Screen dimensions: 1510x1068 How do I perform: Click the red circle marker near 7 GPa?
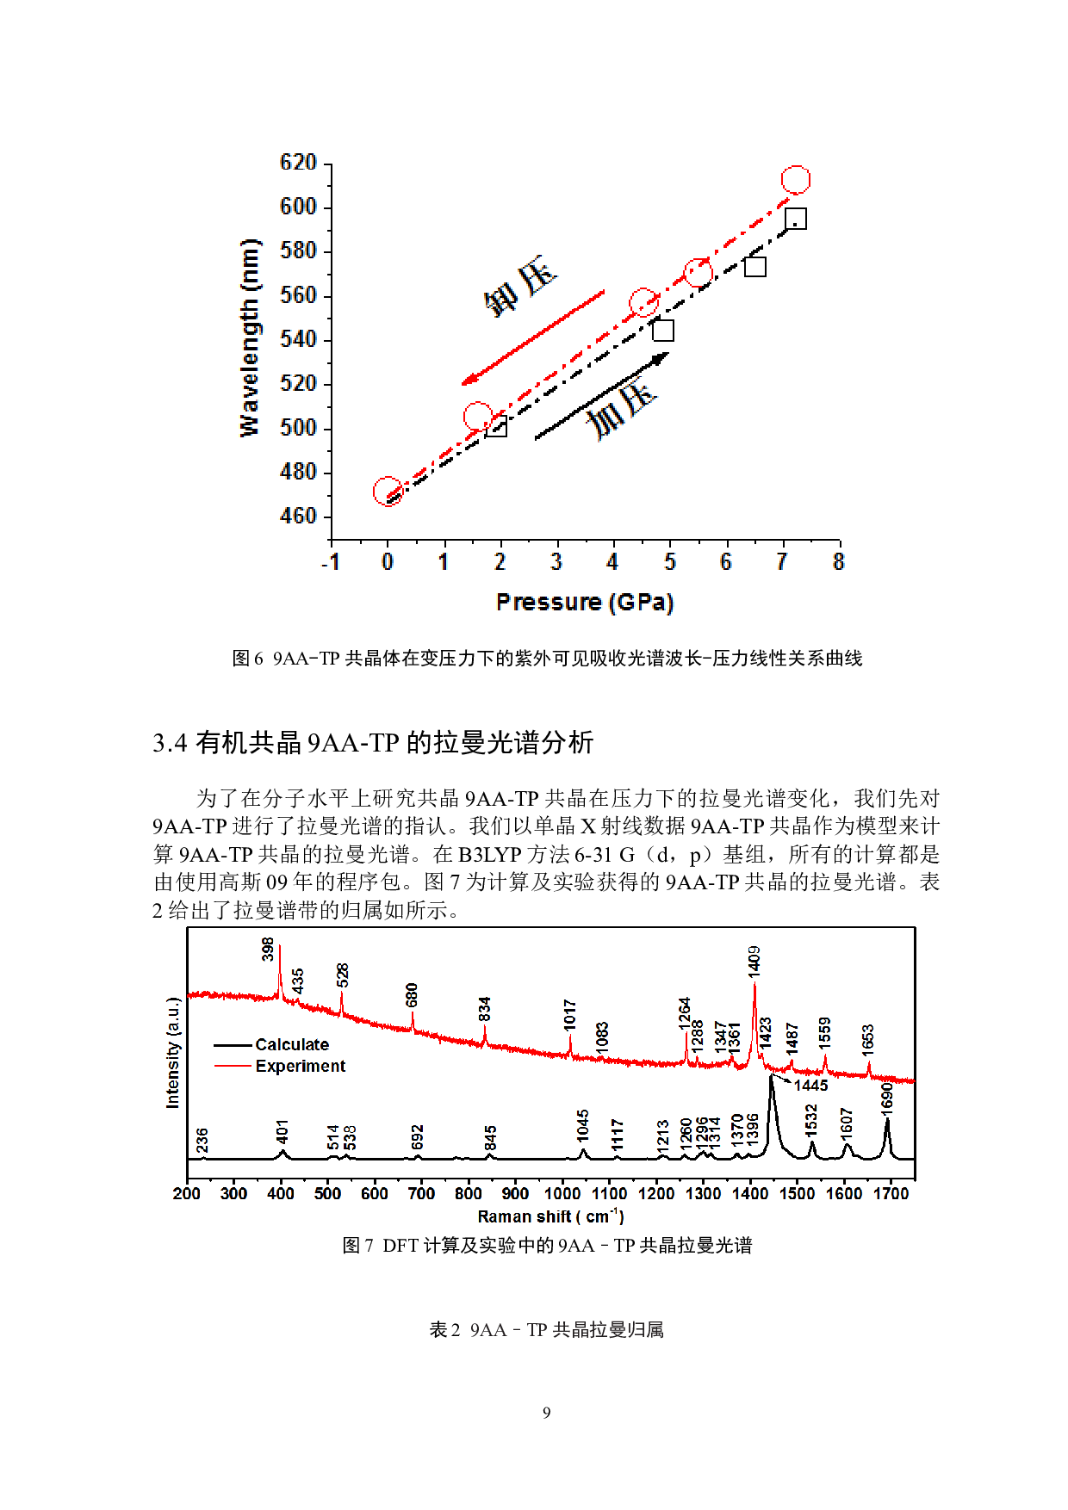pos(796,180)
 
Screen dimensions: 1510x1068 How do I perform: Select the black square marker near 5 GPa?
pos(662,331)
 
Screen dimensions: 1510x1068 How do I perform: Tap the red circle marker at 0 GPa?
pos(388,492)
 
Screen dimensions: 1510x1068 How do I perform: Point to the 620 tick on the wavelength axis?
pos(298,163)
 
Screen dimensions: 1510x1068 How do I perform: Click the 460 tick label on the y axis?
pos(298,516)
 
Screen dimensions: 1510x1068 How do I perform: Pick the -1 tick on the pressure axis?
pos(331,562)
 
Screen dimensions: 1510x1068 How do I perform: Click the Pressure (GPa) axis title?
pos(585,602)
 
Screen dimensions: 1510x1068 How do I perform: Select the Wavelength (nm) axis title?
pos(249,338)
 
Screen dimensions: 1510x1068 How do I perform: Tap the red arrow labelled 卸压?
pos(533,338)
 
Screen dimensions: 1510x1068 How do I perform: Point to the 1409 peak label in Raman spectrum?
pos(754,961)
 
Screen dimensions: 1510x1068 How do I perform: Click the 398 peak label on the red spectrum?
pos(268,949)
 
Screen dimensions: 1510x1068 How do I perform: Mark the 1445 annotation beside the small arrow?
pos(810,1086)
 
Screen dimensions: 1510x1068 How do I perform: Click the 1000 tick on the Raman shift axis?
pos(562,1194)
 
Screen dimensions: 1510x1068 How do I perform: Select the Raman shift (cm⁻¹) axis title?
pos(550,1216)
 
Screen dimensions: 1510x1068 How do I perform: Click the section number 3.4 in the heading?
pos(170,743)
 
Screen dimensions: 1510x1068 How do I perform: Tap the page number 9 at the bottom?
pos(546,1413)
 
